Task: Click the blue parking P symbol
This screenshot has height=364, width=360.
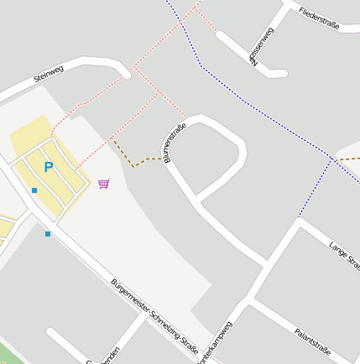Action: (48, 168)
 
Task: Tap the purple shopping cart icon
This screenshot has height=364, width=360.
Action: (103, 184)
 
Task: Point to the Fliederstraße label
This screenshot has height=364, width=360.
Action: (318, 19)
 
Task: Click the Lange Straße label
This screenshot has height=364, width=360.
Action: (344, 254)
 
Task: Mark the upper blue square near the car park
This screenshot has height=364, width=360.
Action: (34, 190)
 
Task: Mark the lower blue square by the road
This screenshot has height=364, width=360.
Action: (48, 233)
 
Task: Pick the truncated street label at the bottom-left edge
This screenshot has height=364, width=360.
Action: (104, 356)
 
